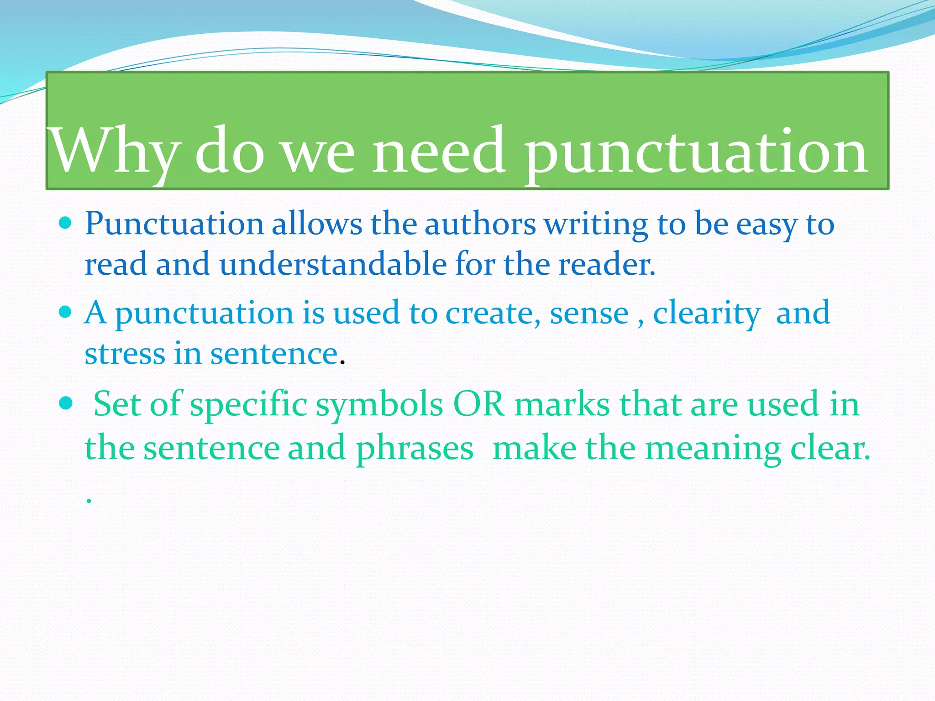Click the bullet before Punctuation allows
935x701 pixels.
click(66, 223)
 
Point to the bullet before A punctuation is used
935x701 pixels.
click(66, 312)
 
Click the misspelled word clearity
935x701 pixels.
click(706, 314)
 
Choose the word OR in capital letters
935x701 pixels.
click(478, 404)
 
